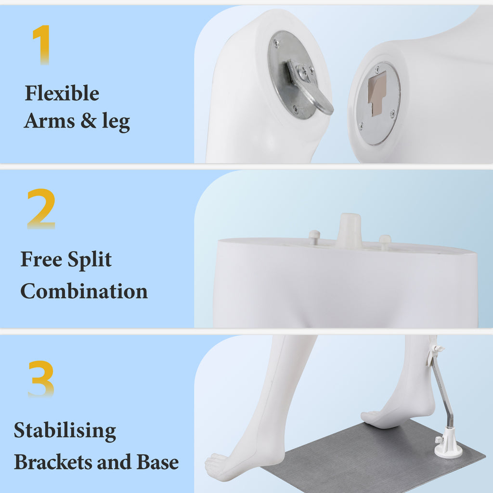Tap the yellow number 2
(41, 209)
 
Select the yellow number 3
(41, 379)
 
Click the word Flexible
(62, 93)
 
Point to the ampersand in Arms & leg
(89, 120)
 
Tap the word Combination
(84, 291)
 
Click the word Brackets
(53, 462)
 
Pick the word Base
(158, 462)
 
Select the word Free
(41, 259)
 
